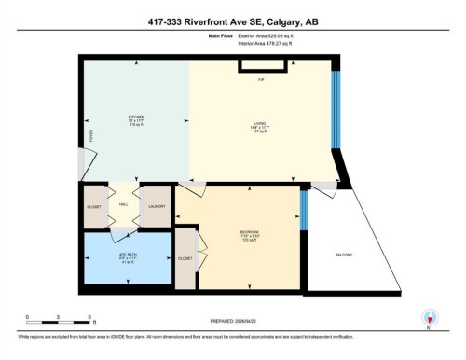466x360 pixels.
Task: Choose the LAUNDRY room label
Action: click(157, 206)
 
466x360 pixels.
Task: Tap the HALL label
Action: click(123, 205)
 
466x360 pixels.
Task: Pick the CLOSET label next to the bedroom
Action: click(185, 256)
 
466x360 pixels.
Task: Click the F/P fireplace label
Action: click(261, 78)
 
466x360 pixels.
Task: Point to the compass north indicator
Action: click(430, 317)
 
